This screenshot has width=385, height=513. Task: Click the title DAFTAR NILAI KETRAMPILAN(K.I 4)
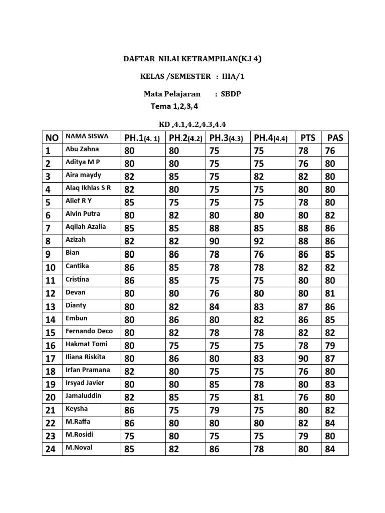(x=192, y=59)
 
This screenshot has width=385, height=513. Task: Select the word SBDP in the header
(x=231, y=94)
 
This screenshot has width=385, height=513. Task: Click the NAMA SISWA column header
(x=87, y=136)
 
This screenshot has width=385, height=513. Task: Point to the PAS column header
(x=335, y=137)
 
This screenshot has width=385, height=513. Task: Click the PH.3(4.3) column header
(x=226, y=138)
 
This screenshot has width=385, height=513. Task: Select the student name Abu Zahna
(x=82, y=149)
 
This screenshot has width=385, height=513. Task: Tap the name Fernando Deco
(x=89, y=331)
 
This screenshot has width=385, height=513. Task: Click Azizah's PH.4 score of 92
(x=259, y=241)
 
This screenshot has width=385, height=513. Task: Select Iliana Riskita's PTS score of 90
(x=303, y=359)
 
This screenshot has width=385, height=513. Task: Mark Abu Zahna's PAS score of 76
(x=330, y=151)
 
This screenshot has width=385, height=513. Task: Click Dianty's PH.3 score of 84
(x=215, y=307)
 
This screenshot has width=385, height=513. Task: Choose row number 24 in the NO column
(x=51, y=449)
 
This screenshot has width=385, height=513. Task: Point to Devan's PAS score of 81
(x=330, y=294)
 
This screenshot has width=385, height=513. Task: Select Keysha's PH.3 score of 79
(x=215, y=411)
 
